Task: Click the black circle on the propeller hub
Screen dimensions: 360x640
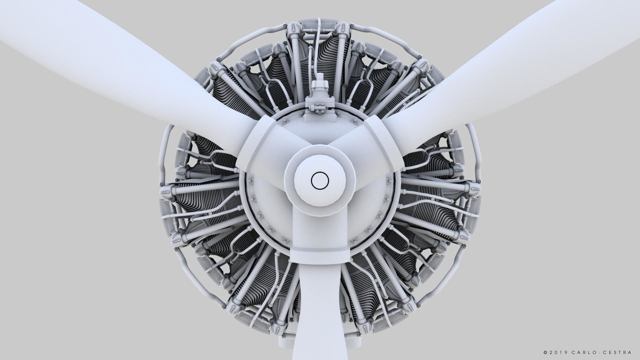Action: coord(320,180)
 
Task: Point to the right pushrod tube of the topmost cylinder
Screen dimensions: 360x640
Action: coord(339,67)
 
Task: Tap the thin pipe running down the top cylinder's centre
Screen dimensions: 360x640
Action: coord(317,50)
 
